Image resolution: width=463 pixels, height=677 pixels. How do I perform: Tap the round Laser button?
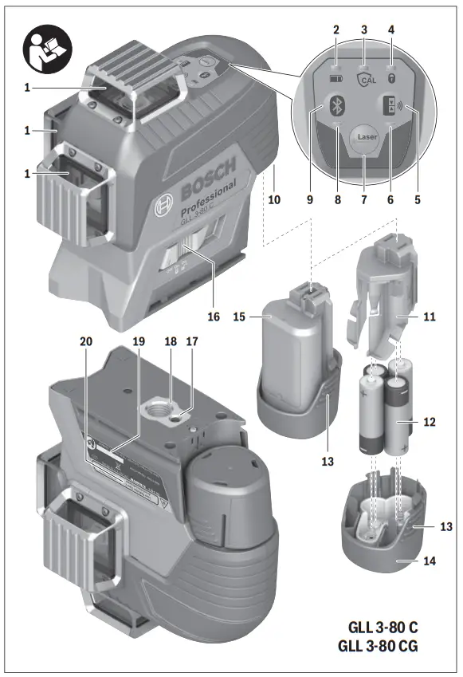pos(367,137)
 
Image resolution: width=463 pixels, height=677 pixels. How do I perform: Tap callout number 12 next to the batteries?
pos(430,422)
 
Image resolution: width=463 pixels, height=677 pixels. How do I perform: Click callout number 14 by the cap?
pos(429,561)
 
